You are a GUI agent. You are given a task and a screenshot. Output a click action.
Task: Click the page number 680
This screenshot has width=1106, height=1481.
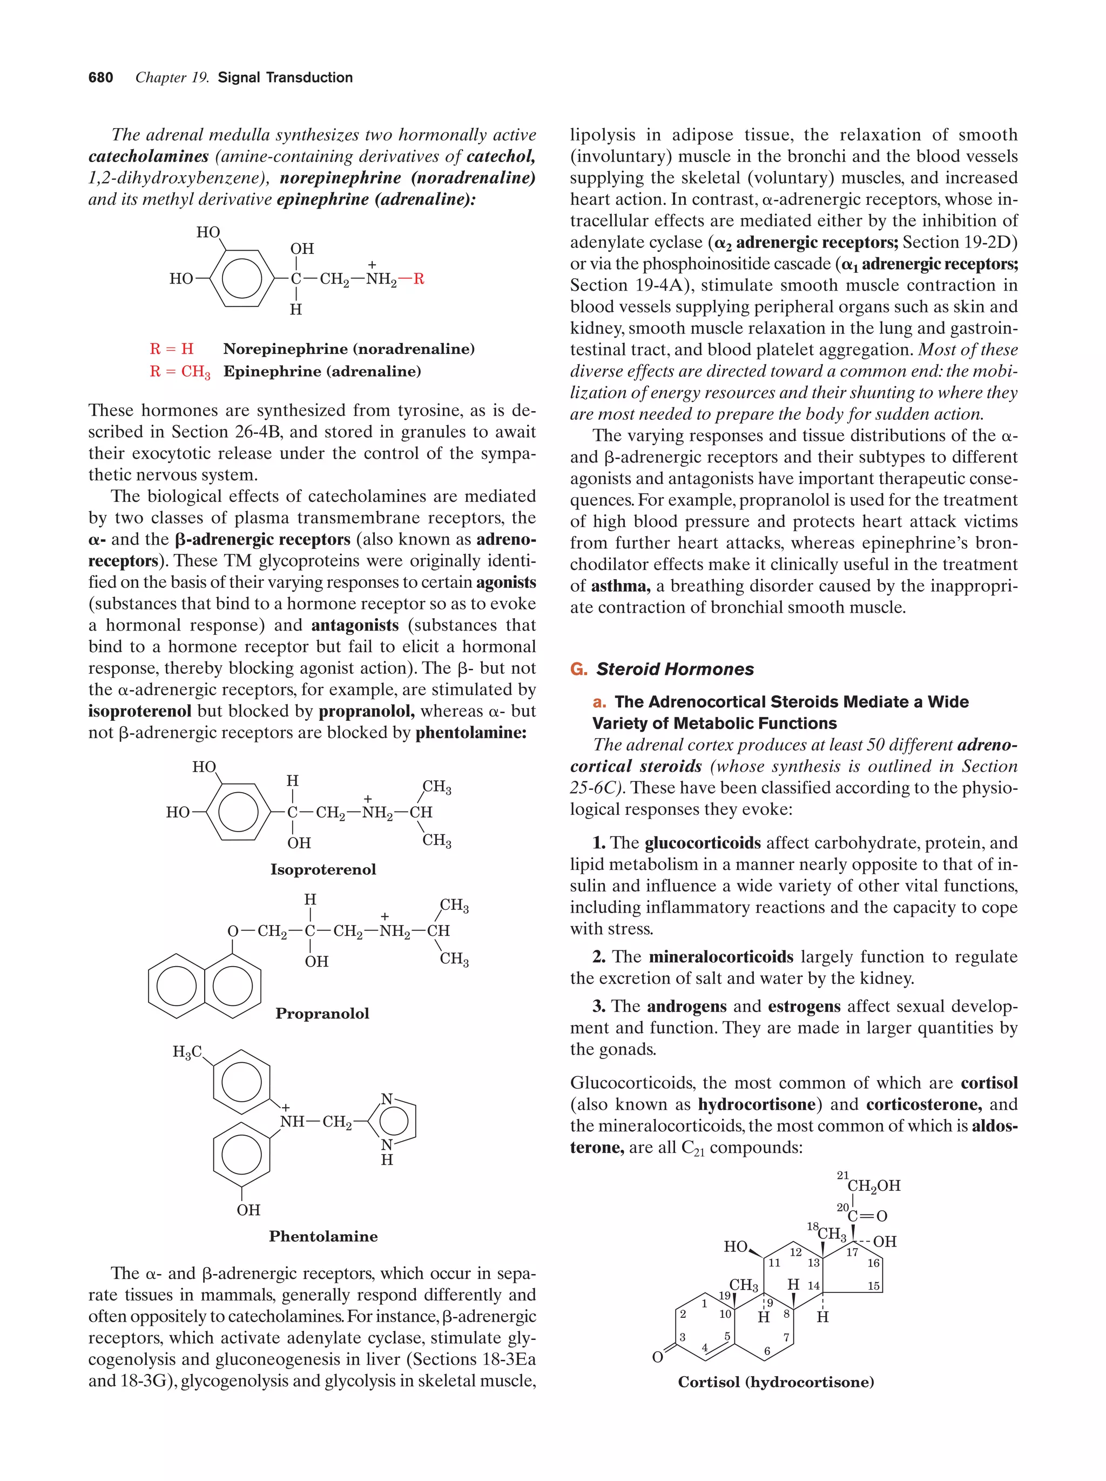tap(100, 78)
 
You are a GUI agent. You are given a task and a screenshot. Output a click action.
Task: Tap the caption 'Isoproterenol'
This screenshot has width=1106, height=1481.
tap(323, 869)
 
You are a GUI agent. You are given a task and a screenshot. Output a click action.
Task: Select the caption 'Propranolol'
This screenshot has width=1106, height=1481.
tap(322, 1013)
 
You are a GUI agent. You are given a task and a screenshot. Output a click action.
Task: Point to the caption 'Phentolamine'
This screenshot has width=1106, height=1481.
tap(323, 1236)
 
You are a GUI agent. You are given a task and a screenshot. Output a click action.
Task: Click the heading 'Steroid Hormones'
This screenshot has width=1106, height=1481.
tap(675, 669)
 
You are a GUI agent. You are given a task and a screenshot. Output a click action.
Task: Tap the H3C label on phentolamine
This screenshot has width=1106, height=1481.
tap(187, 1053)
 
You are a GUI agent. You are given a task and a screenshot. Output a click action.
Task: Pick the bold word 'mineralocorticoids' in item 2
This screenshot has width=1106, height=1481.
tap(720, 957)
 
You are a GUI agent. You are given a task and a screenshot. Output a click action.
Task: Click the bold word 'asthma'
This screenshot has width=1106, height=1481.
tap(619, 586)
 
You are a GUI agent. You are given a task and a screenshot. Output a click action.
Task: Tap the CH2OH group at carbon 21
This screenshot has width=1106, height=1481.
tap(873, 1186)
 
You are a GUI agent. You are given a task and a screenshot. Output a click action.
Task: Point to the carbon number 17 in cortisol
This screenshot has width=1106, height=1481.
tap(852, 1252)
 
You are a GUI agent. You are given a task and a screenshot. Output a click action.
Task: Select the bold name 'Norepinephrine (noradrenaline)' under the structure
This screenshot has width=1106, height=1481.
tap(348, 349)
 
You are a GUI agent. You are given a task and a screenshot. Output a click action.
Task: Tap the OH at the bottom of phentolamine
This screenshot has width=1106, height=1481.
tap(248, 1210)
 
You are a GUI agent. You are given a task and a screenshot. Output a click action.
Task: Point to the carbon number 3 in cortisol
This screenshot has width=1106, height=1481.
tap(682, 1337)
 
